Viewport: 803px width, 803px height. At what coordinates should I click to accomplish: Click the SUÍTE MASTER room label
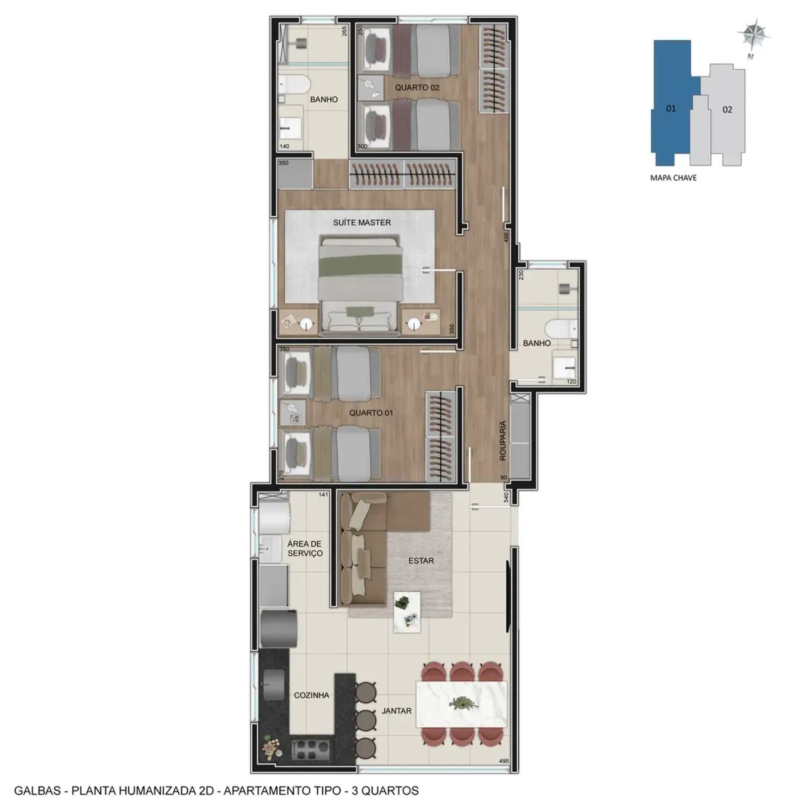pyautogui.click(x=362, y=223)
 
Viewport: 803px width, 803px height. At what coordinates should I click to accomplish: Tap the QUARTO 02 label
pyautogui.click(x=417, y=87)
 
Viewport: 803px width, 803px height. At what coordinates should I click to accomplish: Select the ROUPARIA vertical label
pyautogui.click(x=503, y=440)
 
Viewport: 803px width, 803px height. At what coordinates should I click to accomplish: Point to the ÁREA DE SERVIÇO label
pyautogui.click(x=305, y=548)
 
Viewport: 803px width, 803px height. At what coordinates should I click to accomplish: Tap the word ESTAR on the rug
pyautogui.click(x=421, y=561)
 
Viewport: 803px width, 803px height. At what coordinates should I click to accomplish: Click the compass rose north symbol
pyautogui.click(x=753, y=36)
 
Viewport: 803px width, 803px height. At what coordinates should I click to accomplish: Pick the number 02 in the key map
pyautogui.click(x=727, y=110)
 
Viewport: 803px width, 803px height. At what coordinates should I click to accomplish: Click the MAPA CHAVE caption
pyautogui.click(x=673, y=178)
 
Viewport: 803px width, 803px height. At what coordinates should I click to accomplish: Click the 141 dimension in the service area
pyautogui.click(x=323, y=494)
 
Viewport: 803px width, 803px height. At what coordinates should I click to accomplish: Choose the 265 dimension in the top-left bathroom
pyautogui.click(x=344, y=31)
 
